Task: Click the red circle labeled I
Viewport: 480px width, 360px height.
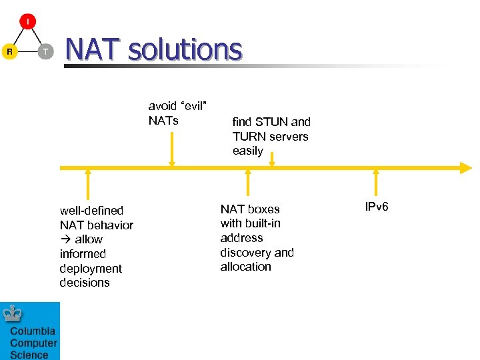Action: [27, 21]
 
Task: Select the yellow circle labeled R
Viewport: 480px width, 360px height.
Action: [9, 51]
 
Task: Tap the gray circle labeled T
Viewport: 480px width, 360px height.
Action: [45, 51]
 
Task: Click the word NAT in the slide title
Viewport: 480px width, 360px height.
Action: [92, 49]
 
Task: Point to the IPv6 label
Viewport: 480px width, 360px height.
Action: [377, 207]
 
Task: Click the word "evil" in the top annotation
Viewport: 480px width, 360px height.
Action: [193, 106]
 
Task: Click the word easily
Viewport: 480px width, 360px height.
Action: [248, 151]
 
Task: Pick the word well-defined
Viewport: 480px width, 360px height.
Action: [91, 211]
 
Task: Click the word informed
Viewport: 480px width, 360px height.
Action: [83, 254]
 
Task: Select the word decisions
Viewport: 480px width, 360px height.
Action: [85, 283]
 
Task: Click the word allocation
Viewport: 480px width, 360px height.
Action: [245, 267]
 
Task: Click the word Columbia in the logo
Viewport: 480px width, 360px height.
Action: [32, 331]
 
